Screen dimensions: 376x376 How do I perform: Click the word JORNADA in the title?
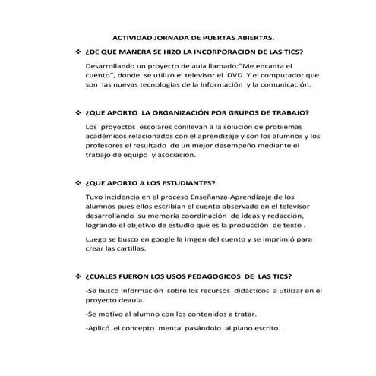pos(163,36)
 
